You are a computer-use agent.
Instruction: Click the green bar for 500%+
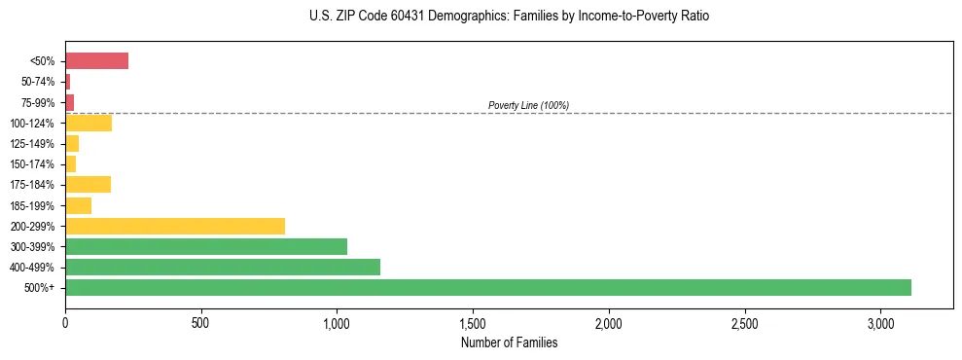487,287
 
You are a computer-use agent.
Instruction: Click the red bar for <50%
96,61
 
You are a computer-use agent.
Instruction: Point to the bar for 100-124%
89,123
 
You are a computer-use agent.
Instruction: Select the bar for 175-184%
88,185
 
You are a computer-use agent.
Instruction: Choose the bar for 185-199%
78,205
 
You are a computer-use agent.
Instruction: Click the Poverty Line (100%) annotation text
528,105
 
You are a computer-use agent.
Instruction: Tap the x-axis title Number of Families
509,342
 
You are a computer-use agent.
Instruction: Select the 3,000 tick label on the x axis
879,322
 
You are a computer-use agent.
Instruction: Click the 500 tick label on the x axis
200,322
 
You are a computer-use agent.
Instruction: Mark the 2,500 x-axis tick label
744,322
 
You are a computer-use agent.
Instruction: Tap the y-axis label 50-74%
38,82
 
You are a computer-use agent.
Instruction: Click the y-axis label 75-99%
38,102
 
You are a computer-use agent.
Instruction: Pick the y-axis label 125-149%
34,144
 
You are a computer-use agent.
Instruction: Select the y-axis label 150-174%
34,164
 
